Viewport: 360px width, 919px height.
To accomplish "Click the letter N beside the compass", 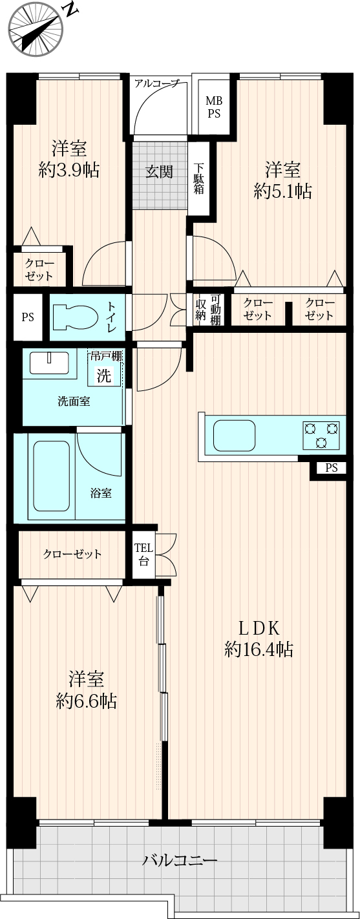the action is tap(72, 10).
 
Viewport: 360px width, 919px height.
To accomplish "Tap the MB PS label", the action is tap(213, 107).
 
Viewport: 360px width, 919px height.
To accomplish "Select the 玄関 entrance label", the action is tap(159, 171).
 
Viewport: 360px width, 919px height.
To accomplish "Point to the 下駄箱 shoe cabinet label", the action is tap(199, 179).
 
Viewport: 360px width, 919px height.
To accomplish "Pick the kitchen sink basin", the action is tap(234, 436).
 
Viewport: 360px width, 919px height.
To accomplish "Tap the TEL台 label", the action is tap(143, 555).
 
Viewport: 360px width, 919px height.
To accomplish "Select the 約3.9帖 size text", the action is tap(69, 169).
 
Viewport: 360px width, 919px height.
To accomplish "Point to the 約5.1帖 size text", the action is tap(282, 191).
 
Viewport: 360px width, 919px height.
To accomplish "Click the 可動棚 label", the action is tap(215, 310).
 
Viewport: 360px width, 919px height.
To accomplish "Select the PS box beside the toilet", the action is tap(28, 317).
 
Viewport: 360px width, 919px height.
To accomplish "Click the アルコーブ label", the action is tap(157, 84).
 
